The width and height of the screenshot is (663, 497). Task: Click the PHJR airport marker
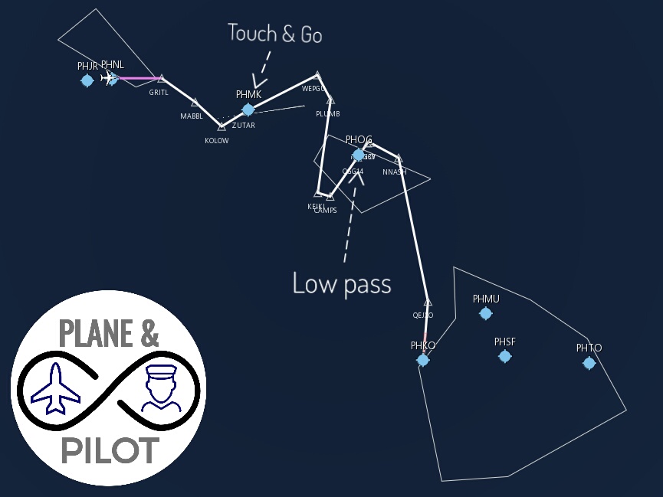tap(87, 80)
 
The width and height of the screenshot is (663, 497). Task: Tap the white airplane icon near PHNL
tap(110, 78)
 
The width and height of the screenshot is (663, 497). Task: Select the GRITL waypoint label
tap(159, 93)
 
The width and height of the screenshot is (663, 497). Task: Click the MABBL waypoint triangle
tap(195, 103)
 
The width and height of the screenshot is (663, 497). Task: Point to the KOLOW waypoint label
tap(216, 141)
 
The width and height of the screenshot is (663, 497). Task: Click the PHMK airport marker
tap(248, 110)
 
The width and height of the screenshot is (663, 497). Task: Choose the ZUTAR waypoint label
tap(244, 126)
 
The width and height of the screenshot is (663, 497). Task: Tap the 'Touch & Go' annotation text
tap(274, 34)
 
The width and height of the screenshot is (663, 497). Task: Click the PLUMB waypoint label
tap(327, 114)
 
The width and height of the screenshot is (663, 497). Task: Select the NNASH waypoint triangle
tap(398, 159)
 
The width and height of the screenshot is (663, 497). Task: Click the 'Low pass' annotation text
tap(342, 283)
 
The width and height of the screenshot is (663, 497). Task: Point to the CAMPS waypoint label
tap(325, 211)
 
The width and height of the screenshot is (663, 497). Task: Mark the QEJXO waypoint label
tap(422, 316)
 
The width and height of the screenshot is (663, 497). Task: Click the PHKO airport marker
tap(422, 360)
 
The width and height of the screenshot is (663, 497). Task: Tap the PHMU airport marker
tap(485, 313)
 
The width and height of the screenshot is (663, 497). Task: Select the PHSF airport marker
tap(504, 356)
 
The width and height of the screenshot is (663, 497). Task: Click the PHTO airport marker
tap(589, 363)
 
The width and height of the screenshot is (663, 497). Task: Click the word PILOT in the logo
tap(110, 450)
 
